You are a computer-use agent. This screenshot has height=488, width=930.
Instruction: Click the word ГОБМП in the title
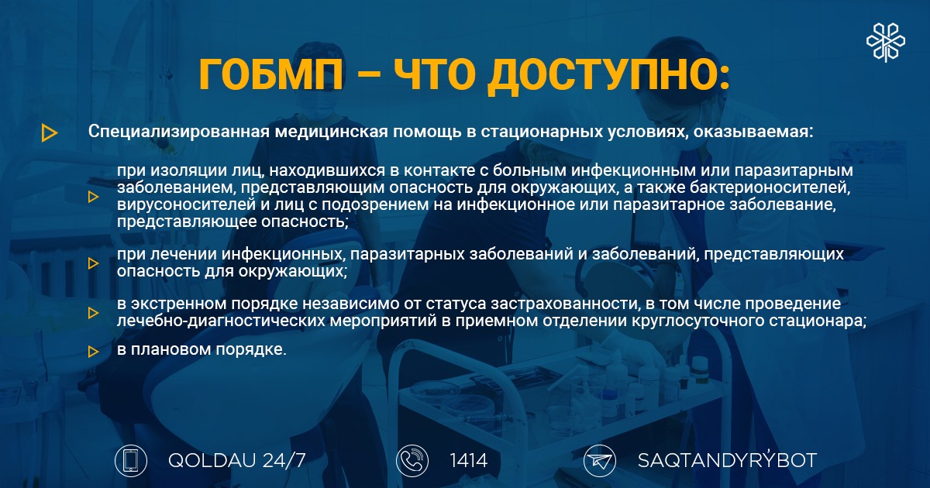pyautogui.click(x=271, y=74)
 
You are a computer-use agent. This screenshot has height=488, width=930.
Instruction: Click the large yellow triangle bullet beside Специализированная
pyautogui.click(x=50, y=132)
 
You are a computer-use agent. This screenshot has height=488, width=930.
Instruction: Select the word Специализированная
pyautogui.click(x=179, y=132)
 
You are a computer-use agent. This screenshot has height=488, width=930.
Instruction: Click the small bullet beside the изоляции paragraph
pyautogui.click(x=94, y=197)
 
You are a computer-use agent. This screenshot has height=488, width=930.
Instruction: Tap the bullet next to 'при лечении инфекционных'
pyautogui.click(x=94, y=263)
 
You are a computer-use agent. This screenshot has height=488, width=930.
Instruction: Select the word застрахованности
pyautogui.click(x=565, y=304)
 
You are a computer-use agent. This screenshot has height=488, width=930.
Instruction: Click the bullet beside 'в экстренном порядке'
pyautogui.click(x=94, y=313)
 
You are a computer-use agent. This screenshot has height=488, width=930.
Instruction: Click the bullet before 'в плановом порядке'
pyautogui.click(x=94, y=352)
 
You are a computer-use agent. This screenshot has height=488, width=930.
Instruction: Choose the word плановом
pyautogui.click(x=170, y=349)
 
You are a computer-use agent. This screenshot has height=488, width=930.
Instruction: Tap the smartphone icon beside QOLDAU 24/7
pyautogui.click(x=131, y=461)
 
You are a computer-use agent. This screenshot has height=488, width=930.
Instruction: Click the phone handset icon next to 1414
pyautogui.click(x=412, y=461)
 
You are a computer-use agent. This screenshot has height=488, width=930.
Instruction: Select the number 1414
pyautogui.click(x=469, y=461)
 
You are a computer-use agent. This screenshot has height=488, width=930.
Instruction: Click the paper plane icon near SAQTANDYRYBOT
pyautogui.click(x=600, y=461)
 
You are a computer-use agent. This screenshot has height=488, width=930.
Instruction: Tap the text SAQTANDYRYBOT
pyautogui.click(x=728, y=460)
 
